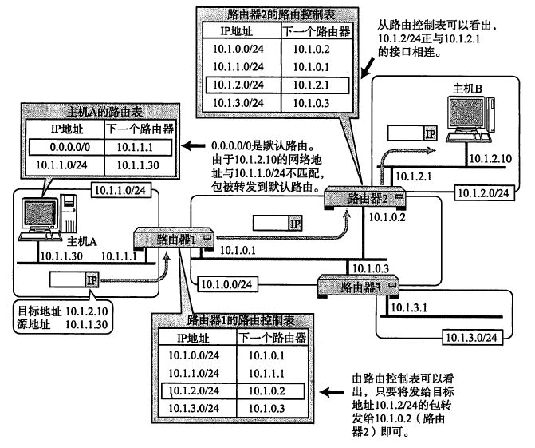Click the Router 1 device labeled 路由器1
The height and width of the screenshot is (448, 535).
[x=174, y=240]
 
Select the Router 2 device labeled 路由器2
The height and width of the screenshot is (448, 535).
[x=365, y=197]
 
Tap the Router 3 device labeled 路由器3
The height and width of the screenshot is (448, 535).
[x=358, y=287]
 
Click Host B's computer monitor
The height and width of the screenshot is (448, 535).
[x=466, y=114]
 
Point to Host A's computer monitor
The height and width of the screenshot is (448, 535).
[x=39, y=213]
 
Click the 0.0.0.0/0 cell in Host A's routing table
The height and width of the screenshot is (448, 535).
[x=70, y=147]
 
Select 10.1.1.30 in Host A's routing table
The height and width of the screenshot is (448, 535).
[x=138, y=165]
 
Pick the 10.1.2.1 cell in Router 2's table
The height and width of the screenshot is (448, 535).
[x=311, y=85]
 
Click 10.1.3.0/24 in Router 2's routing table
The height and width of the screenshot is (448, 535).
[x=238, y=103]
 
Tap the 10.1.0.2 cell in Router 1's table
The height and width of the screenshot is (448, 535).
[x=267, y=391]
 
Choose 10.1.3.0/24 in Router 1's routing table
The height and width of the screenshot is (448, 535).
[x=194, y=408]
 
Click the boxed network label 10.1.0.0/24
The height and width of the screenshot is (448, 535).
[x=227, y=284]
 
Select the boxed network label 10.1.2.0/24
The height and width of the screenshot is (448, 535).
[x=484, y=193]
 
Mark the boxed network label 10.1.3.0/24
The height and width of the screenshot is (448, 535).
[x=472, y=338]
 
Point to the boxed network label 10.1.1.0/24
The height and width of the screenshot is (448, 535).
[x=120, y=190]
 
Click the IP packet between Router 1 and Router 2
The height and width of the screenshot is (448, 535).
[x=277, y=223]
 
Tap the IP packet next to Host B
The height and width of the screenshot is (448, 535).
[x=412, y=133]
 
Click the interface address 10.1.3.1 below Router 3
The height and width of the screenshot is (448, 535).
[x=409, y=308]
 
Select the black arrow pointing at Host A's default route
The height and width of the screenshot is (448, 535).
[x=194, y=146]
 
